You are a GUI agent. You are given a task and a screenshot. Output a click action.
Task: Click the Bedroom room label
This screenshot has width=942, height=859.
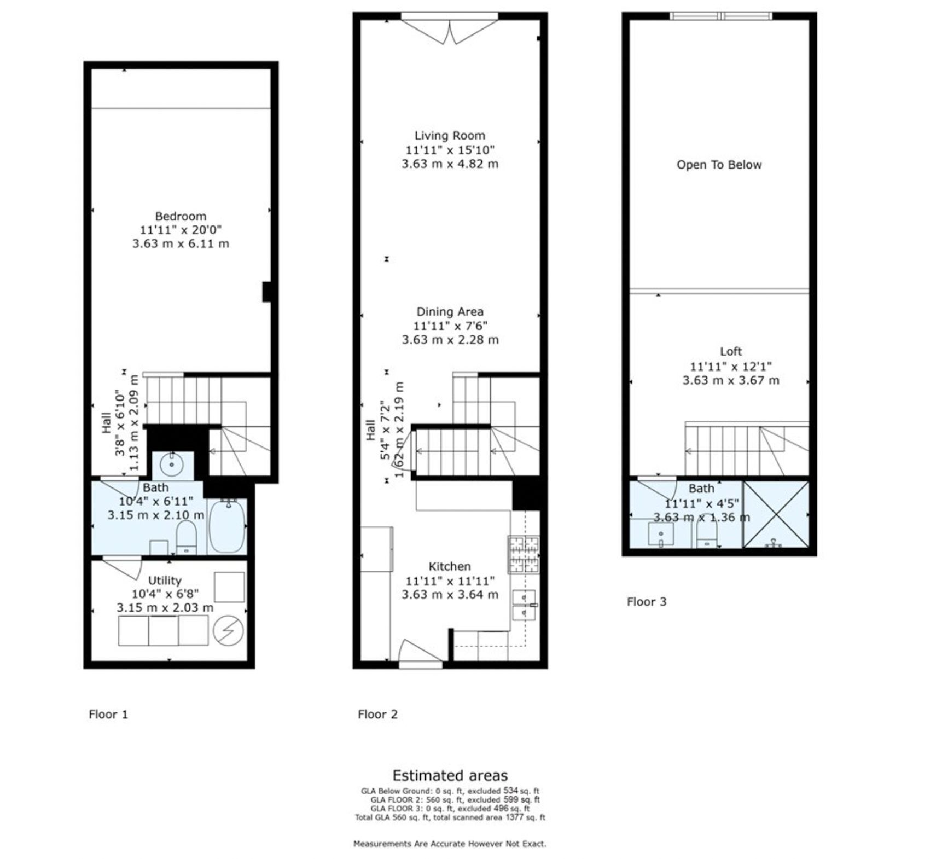click(x=181, y=216)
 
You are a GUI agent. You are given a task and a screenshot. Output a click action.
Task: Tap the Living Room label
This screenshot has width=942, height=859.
click(x=450, y=136)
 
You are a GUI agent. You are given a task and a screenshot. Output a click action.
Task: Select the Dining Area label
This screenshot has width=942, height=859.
click(x=450, y=312)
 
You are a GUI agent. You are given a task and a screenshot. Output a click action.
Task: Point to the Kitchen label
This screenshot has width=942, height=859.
click(x=450, y=566)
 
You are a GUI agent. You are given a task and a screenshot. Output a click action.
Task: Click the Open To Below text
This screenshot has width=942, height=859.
click(x=719, y=165)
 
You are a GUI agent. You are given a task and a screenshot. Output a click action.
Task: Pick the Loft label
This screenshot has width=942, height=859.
click(x=731, y=351)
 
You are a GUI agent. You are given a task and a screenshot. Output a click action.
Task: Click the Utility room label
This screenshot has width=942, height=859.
click(x=165, y=581)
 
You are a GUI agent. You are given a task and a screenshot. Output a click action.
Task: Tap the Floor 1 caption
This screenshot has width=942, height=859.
click(x=108, y=714)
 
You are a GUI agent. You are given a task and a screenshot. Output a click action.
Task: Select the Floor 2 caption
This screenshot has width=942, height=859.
click(x=377, y=714)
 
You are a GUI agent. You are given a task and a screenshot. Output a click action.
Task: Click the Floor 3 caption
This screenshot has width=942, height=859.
click(x=647, y=602)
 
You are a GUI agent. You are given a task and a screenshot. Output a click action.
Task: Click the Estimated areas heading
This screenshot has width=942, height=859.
click(x=450, y=775)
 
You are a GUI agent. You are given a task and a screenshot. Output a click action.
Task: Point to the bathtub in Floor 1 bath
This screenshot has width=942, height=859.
click(x=227, y=525)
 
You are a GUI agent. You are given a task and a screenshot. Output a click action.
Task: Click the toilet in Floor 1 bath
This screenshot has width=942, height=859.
click(x=187, y=537)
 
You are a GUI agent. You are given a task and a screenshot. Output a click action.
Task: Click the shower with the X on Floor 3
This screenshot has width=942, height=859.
click(x=776, y=514)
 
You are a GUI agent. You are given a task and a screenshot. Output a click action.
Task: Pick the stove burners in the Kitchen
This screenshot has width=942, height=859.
click(x=524, y=554)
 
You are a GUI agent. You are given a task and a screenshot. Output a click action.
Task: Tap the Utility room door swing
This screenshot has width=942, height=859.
click(x=123, y=568)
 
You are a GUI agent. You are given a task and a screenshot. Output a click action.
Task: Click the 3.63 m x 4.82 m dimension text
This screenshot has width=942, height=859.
click(x=450, y=164)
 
